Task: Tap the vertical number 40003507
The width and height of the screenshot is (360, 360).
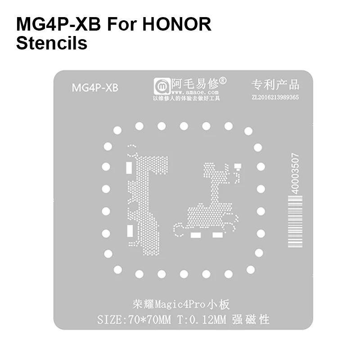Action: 295,173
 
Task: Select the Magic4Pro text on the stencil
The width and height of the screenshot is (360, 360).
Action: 185,305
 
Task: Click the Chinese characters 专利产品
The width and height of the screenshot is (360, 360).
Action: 275,84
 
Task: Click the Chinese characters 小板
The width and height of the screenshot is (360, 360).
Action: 220,305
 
